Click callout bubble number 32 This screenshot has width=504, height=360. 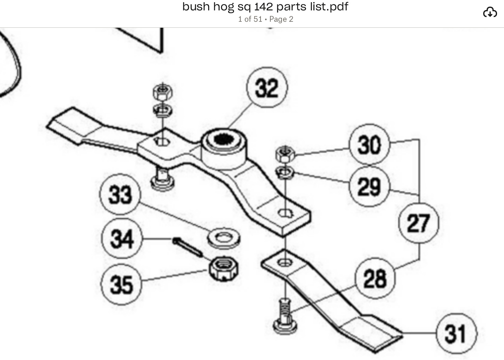pos(267,87)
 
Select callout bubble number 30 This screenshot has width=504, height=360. pos(369,145)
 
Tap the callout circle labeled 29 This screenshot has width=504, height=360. pos(369,186)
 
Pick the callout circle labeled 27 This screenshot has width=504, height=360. pos(419,223)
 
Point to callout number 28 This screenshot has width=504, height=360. pos(375,278)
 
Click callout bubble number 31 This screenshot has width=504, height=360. pos(456,333)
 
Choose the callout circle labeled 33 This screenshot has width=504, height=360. pos(120,194)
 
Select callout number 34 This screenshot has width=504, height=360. pos(122,238)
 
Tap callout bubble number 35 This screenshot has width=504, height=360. pos(121,284)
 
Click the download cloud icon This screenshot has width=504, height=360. pos(490,13)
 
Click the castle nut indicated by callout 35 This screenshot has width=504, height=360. pos(224,269)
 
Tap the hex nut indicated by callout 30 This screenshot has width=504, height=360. pos(285,154)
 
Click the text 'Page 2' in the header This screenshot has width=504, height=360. pos(281,19)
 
